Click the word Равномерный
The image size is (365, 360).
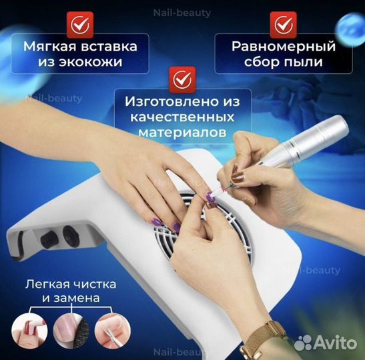click(x=283, y=47)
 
